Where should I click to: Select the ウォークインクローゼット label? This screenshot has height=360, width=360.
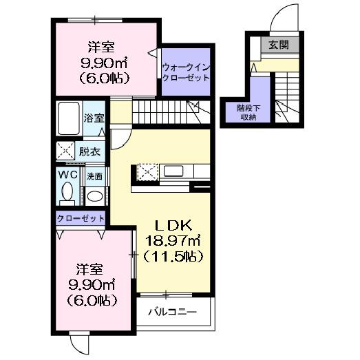click(184, 72)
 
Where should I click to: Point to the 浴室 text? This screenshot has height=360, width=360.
click(95, 118)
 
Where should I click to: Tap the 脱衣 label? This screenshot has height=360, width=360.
click(89, 151)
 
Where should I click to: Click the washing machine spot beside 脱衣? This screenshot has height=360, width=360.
click(67, 150)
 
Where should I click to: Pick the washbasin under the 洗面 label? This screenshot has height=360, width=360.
click(96, 195)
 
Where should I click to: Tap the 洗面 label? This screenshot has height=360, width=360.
click(95, 176)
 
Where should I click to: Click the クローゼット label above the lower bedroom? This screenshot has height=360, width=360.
click(81, 218)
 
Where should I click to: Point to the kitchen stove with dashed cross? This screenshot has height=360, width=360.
click(148, 171)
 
